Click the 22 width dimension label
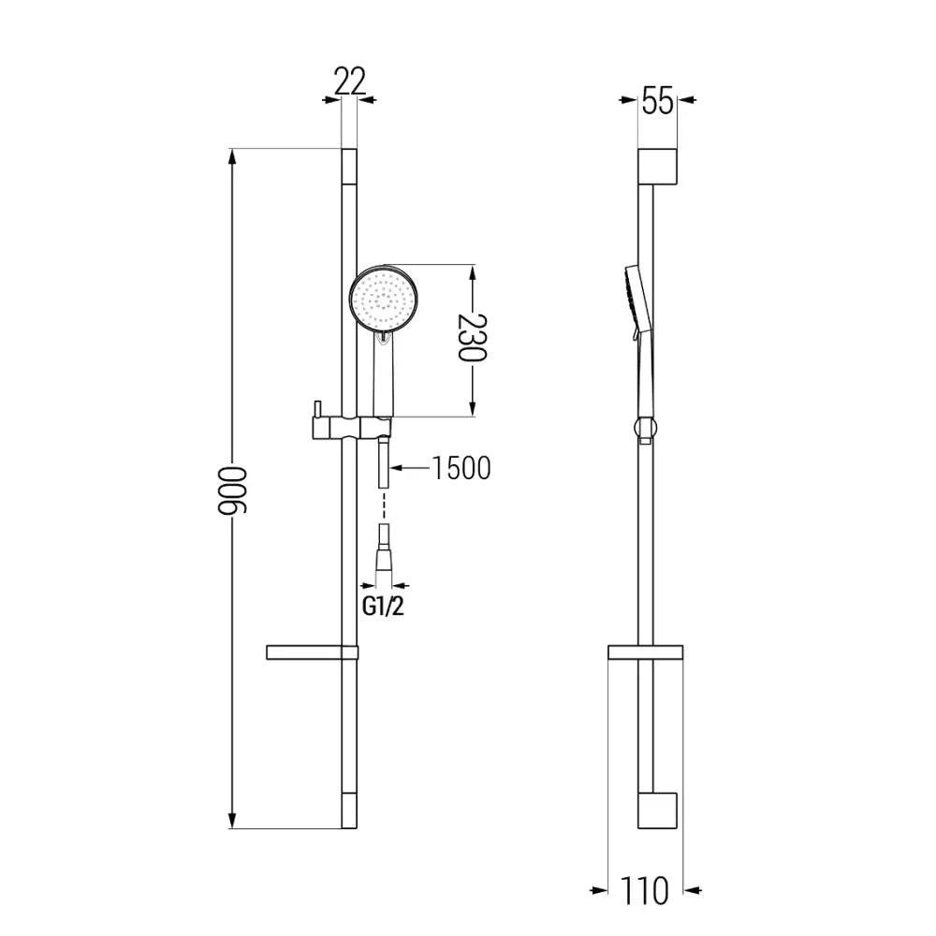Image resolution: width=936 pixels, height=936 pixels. (349, 82)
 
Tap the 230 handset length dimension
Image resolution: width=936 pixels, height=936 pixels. (473, 339)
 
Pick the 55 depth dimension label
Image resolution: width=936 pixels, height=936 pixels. (657, 101)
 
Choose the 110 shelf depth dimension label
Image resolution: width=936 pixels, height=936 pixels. (646, 891)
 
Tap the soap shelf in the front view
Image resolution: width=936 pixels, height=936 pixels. (312, 652)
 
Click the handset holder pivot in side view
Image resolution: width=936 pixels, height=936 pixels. (644, 430)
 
